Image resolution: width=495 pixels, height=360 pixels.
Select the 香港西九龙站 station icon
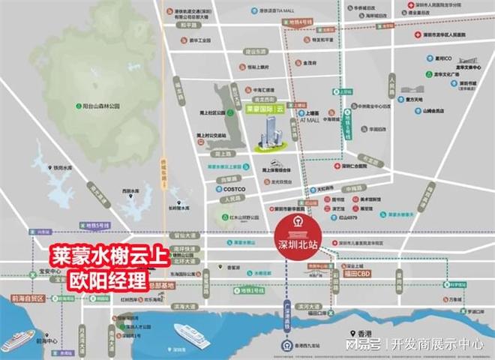288,345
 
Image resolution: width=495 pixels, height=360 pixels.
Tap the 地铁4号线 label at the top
298,22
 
